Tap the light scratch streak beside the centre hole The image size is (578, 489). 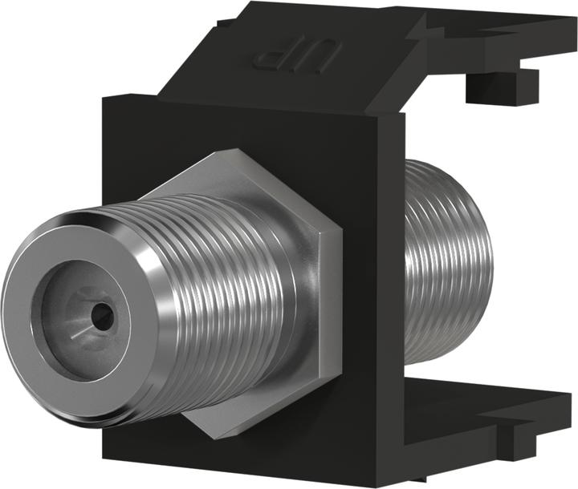[x=78, y=330]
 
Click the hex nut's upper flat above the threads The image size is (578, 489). [x=241, y=172]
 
